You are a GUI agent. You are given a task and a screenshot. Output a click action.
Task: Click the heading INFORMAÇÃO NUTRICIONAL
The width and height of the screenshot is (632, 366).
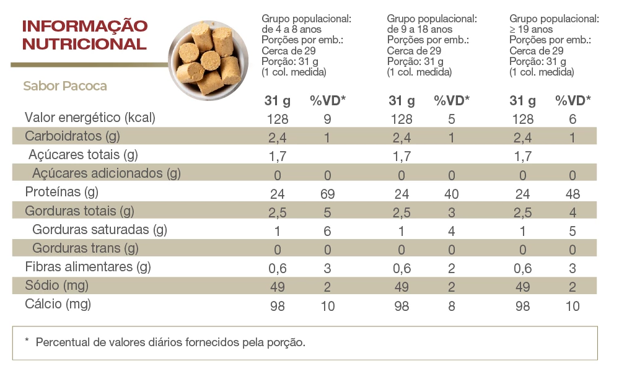pos(84,35)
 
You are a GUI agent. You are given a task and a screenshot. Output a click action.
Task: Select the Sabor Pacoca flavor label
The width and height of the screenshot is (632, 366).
pos(65,86)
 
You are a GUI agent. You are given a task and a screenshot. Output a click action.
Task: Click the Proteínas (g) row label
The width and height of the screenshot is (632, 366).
pos(61,193)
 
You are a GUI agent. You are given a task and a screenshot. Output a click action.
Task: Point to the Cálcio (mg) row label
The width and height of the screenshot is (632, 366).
pos(58,304)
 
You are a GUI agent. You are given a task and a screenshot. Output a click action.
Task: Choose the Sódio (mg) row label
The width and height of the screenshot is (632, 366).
pos(56,285)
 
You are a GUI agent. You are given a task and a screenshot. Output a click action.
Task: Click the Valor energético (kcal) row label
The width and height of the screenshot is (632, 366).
pos(89,118)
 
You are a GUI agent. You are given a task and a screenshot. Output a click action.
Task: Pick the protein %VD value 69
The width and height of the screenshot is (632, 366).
pos(327,194)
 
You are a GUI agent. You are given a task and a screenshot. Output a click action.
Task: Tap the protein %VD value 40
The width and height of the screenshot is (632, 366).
pos(451,194)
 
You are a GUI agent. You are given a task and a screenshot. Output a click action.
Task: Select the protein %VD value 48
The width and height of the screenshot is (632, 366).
pos(573,194)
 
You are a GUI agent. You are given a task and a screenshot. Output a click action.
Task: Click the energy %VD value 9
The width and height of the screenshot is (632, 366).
pos(327,119)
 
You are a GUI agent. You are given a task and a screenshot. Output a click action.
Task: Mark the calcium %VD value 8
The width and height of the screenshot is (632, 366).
pos(451,306)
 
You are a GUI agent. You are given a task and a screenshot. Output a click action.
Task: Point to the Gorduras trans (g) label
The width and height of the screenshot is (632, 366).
pos(85,248)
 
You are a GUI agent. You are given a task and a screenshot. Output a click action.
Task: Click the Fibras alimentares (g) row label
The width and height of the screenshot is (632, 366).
pos(87,267)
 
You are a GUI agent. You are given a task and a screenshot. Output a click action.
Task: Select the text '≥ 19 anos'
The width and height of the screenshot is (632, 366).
pos(531,29)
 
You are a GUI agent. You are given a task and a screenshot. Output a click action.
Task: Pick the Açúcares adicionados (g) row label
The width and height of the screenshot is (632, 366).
pos(106,173)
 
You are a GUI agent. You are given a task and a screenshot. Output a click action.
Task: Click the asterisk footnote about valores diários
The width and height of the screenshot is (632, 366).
pos(165,342)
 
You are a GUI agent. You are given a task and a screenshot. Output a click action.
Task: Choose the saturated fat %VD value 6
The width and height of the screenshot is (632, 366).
pos(327,231)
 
